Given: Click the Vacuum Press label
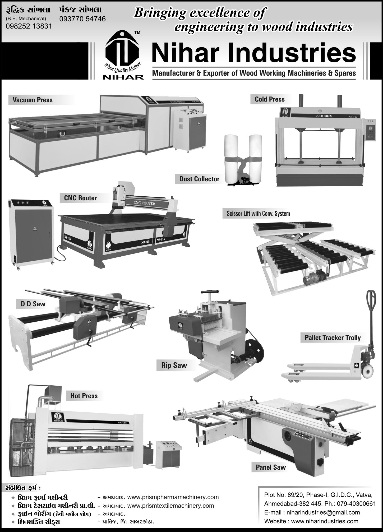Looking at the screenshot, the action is point(33,100).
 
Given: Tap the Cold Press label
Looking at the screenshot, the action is point(270,99).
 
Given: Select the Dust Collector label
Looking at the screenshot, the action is point(199,179).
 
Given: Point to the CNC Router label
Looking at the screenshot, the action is point(80,198).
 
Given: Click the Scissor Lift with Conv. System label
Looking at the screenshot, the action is point(258,214).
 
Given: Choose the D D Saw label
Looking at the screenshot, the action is point(33,304).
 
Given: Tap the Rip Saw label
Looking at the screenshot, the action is point(174,365).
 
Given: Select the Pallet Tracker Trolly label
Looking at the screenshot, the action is point(333,338).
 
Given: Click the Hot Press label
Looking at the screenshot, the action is point(84,396).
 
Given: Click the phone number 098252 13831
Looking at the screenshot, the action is point(29,26).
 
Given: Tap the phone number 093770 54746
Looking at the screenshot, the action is point(82,19).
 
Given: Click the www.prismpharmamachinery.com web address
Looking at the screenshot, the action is point(173,497).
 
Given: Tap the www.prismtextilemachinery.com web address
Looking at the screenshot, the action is point(170,506).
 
